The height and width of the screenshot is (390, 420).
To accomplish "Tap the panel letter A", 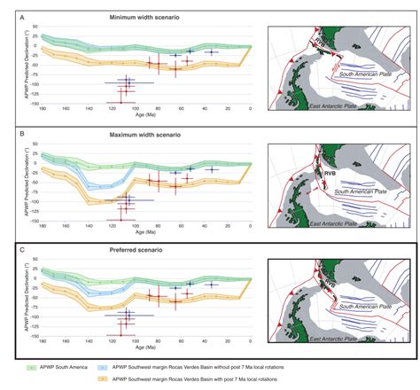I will pyautogui.click(x=8, y=16).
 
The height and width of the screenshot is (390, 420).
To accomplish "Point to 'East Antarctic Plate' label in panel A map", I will pyautogui.click(x=338, y=105).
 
